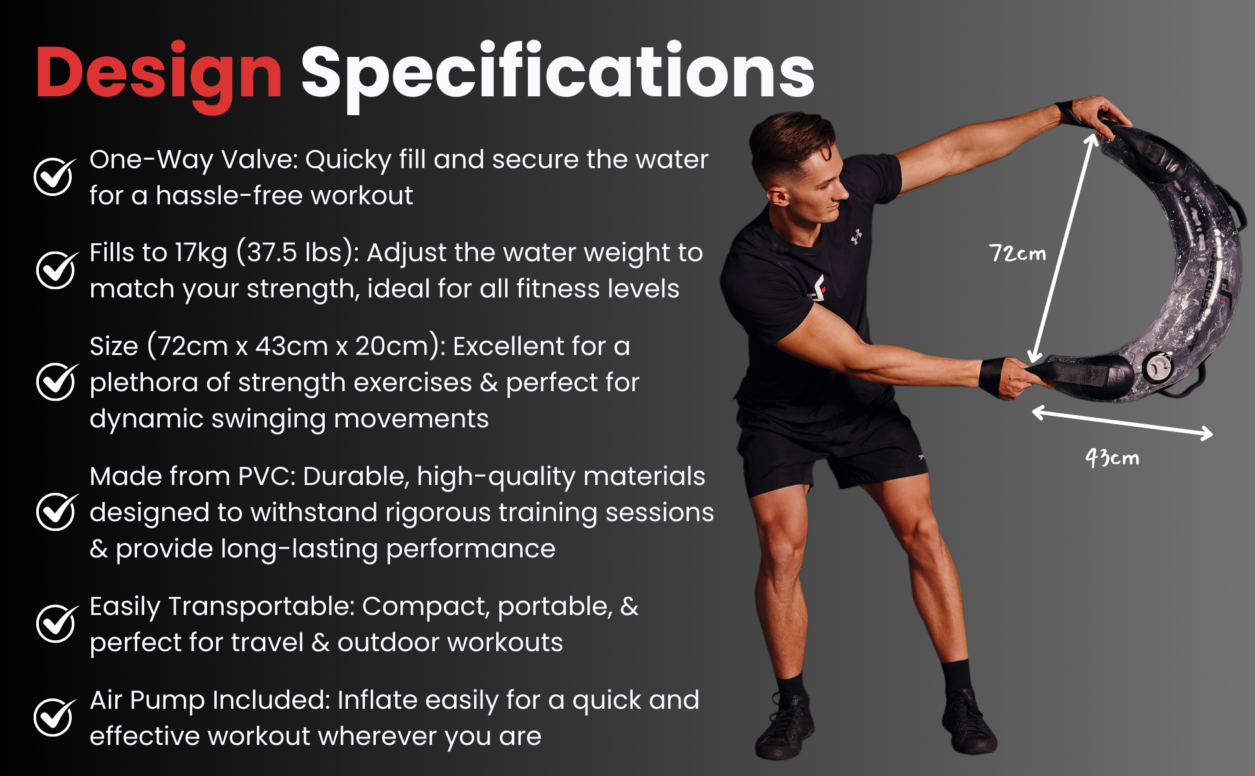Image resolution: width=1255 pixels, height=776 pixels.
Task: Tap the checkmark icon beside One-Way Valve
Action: [x=54, y=176]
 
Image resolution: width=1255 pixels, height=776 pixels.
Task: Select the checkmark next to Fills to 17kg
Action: [x=56, y=269]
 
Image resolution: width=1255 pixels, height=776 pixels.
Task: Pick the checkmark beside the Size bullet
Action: [x=56, y=382]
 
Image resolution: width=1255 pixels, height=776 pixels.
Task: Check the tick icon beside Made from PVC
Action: [x=56, y=511]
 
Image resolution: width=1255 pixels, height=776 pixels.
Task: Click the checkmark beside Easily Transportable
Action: [x=56, y=623]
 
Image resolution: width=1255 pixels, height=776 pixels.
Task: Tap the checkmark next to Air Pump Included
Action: [x=54, y=717]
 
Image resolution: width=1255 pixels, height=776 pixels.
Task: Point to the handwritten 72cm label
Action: [x=1018, y=253]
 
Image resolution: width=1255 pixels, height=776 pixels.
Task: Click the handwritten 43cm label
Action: [x=1112, y=458]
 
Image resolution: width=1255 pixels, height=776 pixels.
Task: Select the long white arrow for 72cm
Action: [x=1062, y=248]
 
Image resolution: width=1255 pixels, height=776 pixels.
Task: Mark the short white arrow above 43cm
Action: [x=1122, y=423]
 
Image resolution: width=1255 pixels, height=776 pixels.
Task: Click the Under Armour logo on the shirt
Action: [x=857, y=237]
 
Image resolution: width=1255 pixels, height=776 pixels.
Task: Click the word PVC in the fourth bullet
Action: [x=267, y=477]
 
